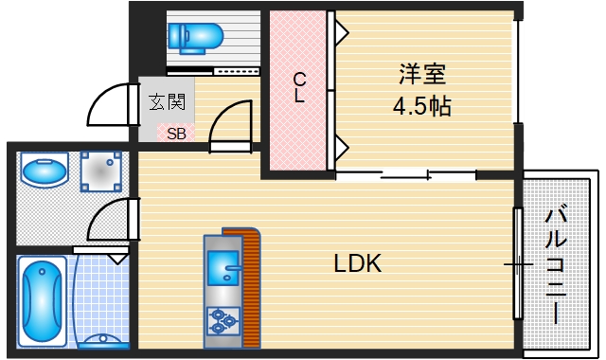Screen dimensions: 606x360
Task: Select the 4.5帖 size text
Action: point(421,105)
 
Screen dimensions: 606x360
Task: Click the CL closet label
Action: point(298,87)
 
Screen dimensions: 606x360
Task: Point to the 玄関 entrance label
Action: point(167,101)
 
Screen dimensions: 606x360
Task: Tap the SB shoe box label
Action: point(176,134)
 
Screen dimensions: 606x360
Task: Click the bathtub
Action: point(42,300)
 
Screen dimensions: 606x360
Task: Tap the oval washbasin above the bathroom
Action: point(44,172)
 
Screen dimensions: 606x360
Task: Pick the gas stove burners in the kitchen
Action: point(223,322)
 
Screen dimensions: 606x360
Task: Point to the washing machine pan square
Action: point(102,171)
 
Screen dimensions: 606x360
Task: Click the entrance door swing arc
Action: point(110,104)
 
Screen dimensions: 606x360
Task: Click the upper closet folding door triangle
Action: point(342,33)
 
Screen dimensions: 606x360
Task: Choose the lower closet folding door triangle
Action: point(342,148)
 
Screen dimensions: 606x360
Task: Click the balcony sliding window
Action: point(517,262)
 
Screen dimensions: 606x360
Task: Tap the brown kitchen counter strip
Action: point(251,284)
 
